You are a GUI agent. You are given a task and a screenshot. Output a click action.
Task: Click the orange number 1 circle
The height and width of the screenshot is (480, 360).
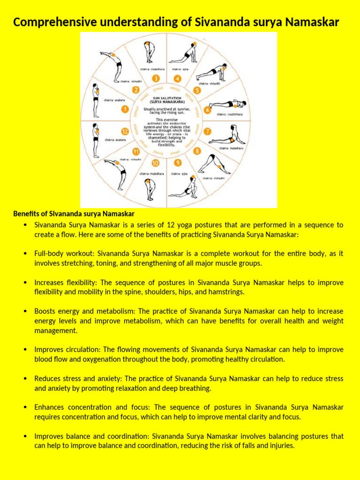point(125,109)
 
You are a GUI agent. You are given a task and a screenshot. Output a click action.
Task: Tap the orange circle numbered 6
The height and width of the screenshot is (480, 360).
point(207,109)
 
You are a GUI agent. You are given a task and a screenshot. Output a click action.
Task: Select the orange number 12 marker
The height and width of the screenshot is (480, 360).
point(125,131)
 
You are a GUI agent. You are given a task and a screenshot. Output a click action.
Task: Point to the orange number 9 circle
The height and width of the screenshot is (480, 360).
point(177,163)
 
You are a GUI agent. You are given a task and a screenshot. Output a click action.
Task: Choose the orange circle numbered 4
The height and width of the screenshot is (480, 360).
point(177,78)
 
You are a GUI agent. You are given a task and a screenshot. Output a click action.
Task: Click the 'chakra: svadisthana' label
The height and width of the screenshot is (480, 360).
point(230,114)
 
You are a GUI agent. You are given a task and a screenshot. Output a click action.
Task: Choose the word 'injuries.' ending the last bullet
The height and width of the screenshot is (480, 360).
point(281,446)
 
